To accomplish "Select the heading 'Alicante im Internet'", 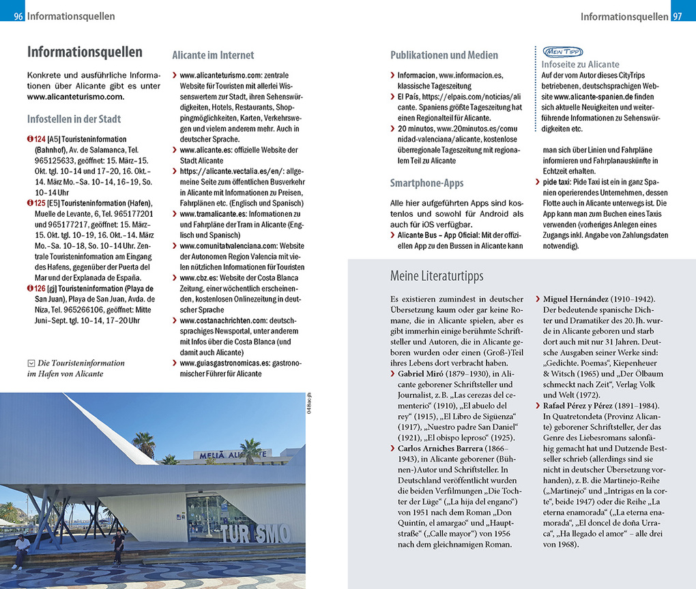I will (213, 55).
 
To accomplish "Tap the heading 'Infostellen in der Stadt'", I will (74, 119).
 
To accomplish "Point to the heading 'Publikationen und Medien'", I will (444, 55).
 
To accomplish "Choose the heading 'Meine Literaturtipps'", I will (437, 276).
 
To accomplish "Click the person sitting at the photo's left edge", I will (21, 550).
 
